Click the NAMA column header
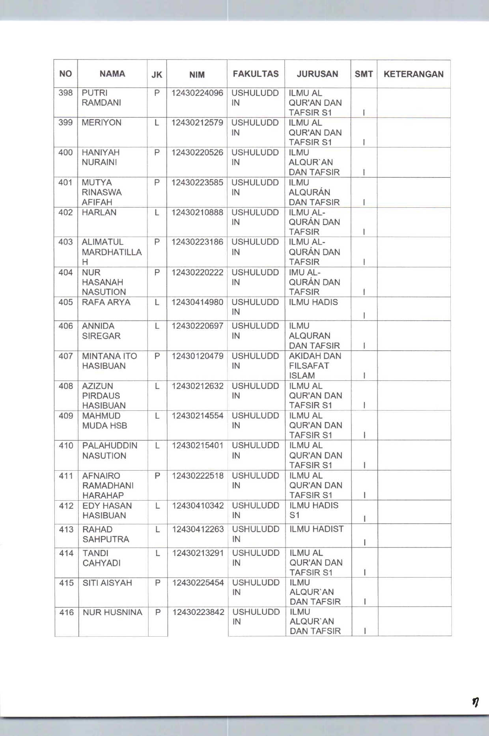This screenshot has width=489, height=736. click(112, 74)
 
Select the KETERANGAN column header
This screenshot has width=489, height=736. click(413, 74)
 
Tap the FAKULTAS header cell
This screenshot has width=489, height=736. click(256, 74)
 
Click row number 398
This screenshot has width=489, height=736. click(65, 93)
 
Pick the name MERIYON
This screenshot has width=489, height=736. click(101, 123)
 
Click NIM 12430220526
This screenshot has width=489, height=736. click(197, 153)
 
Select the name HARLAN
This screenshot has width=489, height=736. click(99, 212)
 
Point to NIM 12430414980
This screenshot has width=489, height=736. click(197, 302)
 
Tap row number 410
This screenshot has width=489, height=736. click(66, 446)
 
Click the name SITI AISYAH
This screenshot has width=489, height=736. click(107, 583)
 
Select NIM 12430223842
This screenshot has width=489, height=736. click(198, 612)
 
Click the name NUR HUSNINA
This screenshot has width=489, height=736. click(112, 612)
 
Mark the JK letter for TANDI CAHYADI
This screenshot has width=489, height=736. click(157, 553)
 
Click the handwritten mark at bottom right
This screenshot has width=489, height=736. click(476, 702)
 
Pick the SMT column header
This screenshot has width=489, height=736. click(364, 74)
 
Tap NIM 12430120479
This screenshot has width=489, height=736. click(198, 356)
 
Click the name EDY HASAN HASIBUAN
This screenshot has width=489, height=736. click(107, 511)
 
